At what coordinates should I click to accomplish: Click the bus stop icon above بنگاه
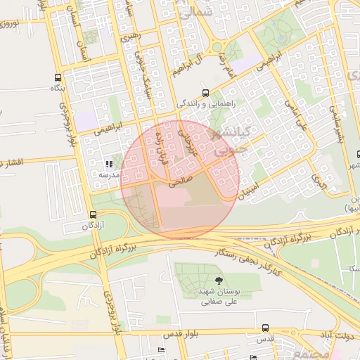(57, 78)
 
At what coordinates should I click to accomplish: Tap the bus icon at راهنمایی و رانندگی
(205, 92)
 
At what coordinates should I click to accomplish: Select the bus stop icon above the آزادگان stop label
(93, 214)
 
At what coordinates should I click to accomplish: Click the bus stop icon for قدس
(265, 328)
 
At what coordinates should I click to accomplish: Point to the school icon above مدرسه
(108, 164)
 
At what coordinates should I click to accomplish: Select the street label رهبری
(131, 34)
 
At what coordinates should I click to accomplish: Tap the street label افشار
(13, 162)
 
